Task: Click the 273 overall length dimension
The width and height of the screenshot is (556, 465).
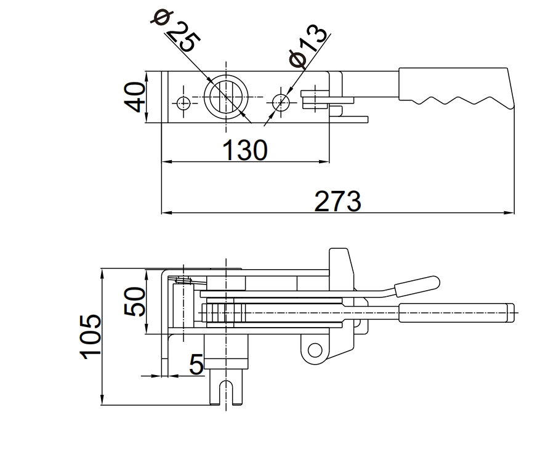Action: pyautogui.click(x=337, y=201)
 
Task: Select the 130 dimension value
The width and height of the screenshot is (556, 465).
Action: pyautogui.click(x=245, y=150)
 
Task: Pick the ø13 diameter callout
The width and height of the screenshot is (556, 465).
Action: pyautogui.click(x=306, y=47)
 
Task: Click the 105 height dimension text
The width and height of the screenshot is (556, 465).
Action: pyautogui.click(x=90, y=336)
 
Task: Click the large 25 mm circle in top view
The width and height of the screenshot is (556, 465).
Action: pyautogui.click(x=227, y=98)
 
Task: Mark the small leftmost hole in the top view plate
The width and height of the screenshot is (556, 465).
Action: pyautogui.click(x=183, y=103)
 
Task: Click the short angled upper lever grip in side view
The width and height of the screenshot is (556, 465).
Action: pyautogui.click(x=416, y=285)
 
